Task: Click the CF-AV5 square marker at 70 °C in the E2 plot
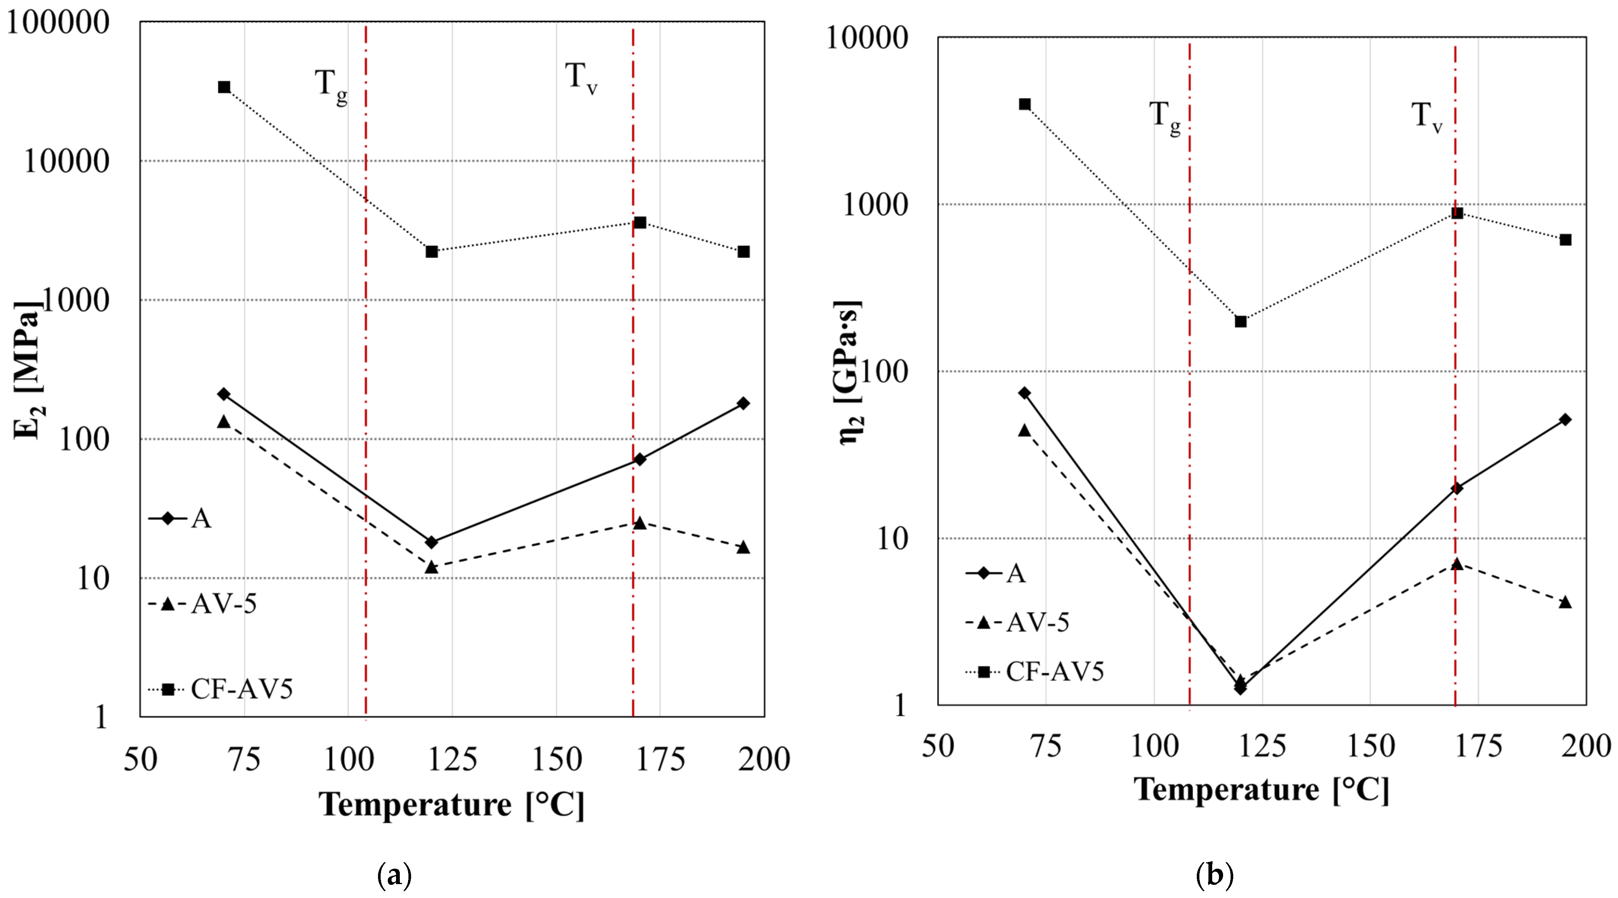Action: pyautogui.click(x=224, y=87)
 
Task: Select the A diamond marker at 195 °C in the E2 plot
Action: pyautogui.click(x=743, y=403)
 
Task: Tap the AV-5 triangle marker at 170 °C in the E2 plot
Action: pyautogui.click(x=640, y=523)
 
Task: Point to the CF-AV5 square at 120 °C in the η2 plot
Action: pyautogui.click(x=1240, y=322)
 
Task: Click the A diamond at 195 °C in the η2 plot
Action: pyautogui.click(x=1565, y=419)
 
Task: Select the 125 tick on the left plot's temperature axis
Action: pyautogui.click(x=452, y=759)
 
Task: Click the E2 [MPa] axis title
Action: pyautogui.click(x=28, y=370)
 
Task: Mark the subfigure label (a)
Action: pyautogui.click(x=395, y=874)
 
